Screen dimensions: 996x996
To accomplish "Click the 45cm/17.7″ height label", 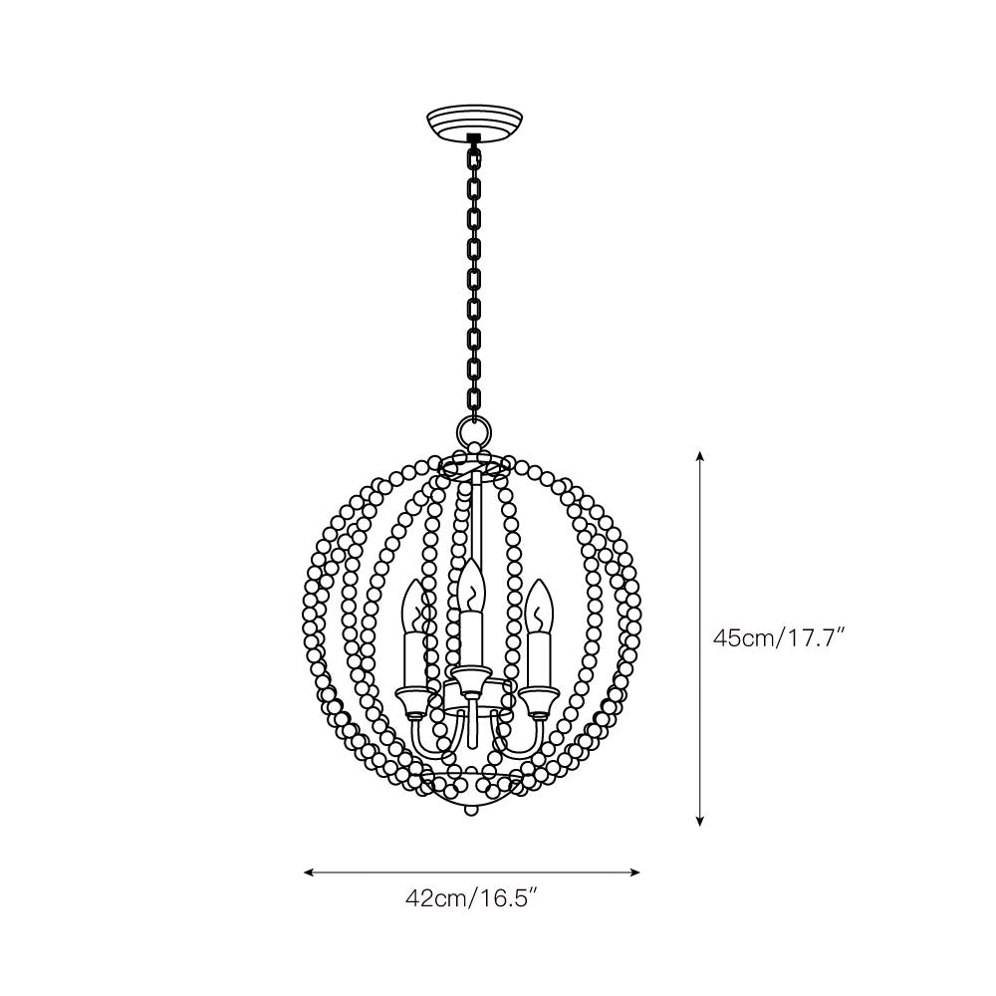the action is click(x=778, y=637).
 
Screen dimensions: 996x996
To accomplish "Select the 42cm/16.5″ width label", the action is click(x=472, y=898).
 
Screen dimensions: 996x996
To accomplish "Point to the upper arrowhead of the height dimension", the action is click(x=700, y=455).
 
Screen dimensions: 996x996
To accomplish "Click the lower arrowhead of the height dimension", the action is click(x=700, y=822).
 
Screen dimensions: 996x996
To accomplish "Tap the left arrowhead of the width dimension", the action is click(x=310, y=872).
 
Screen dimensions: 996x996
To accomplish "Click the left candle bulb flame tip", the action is click(x=413, y=580).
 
